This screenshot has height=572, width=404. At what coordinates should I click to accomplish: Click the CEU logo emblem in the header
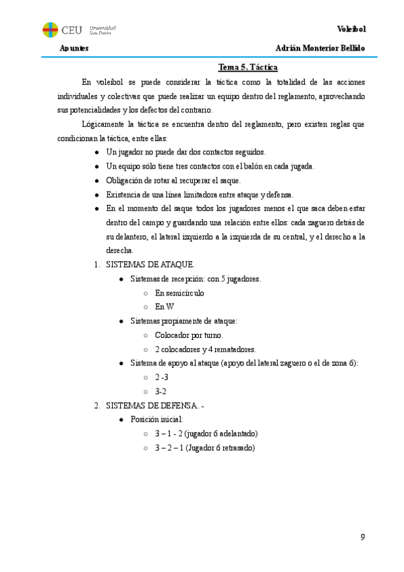tap(51, 30)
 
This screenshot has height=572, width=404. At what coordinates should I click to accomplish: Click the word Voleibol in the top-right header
tap(351, 29)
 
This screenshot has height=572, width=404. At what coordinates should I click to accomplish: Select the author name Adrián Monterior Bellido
tap(320, 49)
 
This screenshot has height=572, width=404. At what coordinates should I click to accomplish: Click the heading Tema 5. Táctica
tap(248, 67)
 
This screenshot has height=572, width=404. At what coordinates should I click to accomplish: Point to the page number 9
tap(363, 537)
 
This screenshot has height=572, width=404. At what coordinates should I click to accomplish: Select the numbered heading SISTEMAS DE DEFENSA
tap(154, 405)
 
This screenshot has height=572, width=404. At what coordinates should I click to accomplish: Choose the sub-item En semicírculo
tap(179, 293)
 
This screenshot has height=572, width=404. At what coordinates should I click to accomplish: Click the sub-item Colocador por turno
tap(189, 335)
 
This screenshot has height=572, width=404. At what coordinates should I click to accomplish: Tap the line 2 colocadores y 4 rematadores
tap(205, 349)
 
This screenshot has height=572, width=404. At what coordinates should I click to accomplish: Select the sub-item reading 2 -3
tap(161, 377)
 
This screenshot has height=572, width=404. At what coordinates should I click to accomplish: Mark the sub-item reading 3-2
tap(161, 391)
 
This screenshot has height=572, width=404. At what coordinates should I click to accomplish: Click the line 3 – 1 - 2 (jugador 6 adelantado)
tap(206, 433)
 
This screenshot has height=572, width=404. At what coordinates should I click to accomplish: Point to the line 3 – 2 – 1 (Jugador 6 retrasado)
tap(205, 447)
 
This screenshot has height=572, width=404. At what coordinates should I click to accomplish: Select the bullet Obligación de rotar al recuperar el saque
tap(173, 180)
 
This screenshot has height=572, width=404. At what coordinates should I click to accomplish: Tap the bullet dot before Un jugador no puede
tap(98, 152)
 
